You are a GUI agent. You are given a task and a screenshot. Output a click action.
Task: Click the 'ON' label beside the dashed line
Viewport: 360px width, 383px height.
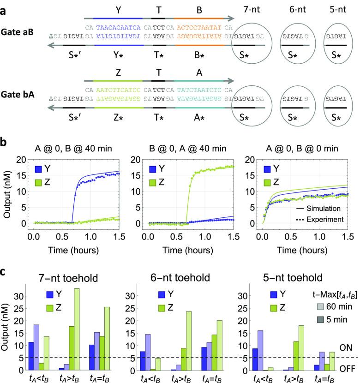point(345,346)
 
